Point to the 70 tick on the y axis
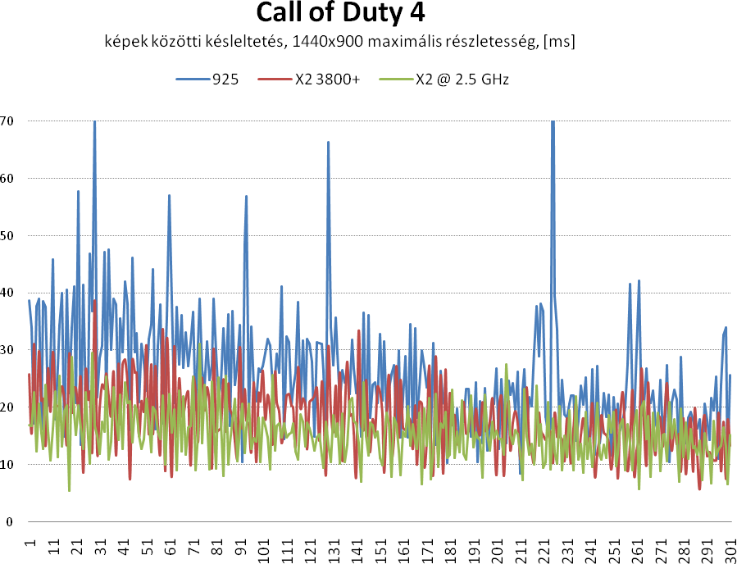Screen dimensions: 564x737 (x=9, y=121)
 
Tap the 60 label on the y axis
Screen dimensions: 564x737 (x=9, y=178)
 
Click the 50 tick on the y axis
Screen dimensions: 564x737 (x=9, y=235)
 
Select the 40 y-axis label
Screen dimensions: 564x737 (x=9, y=293)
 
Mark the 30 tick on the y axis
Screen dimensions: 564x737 (x=9, y=350)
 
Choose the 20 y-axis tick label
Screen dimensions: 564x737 (x=9, y=407)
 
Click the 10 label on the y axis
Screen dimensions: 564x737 (x=9, y=465)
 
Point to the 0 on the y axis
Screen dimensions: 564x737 (x=9, y=522)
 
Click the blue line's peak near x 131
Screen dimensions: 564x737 (x=328, y=143)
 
